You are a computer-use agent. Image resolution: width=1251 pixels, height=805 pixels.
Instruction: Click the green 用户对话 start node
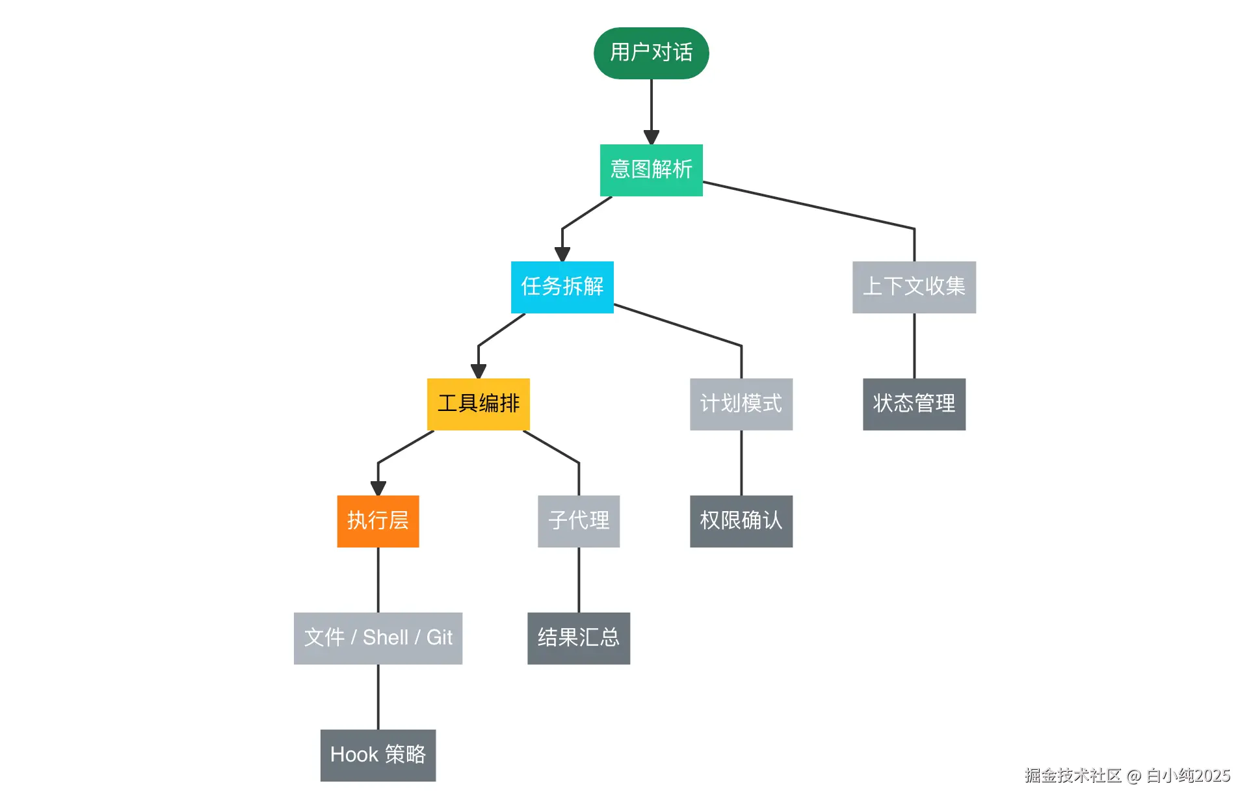(651, 53)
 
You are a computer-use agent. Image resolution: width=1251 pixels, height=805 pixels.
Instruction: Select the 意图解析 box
(651, 170)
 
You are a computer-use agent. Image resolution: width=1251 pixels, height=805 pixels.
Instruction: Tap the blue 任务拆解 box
(562, 287)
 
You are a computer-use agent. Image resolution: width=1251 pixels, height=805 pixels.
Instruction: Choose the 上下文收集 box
(914, 287)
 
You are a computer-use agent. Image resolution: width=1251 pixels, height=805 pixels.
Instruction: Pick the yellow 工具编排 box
(478, 404)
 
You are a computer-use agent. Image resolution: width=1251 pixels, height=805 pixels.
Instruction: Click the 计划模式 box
(741, 404)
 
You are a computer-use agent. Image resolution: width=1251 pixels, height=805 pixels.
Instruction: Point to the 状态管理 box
(914, 404)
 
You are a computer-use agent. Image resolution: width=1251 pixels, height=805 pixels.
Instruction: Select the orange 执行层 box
(378, 521)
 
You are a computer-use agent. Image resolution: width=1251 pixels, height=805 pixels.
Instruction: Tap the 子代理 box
(578, 521)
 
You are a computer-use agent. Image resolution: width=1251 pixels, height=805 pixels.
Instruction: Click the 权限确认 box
(741, 521)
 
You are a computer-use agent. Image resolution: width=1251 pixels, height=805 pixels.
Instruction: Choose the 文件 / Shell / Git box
(378, 638)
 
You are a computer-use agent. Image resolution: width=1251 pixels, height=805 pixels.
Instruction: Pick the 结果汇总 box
(578, 638)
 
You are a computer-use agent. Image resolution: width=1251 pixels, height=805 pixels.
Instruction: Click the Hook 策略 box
(378, 755)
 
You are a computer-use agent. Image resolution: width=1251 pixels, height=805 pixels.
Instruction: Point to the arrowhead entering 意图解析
(651, 137)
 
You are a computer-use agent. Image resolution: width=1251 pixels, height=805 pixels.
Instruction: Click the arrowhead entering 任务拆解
(562, 254)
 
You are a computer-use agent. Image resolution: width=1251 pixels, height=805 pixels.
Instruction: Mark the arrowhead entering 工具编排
(478, 371)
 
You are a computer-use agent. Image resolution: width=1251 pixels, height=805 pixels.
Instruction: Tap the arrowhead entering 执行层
(378, 488)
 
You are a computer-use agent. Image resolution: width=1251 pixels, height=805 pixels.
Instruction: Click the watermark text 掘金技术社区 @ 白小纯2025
(1127, 775)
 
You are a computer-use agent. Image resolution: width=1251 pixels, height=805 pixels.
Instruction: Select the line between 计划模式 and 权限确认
(741, 462)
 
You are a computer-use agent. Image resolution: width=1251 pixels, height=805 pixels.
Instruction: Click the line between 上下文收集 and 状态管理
(914, 345)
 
